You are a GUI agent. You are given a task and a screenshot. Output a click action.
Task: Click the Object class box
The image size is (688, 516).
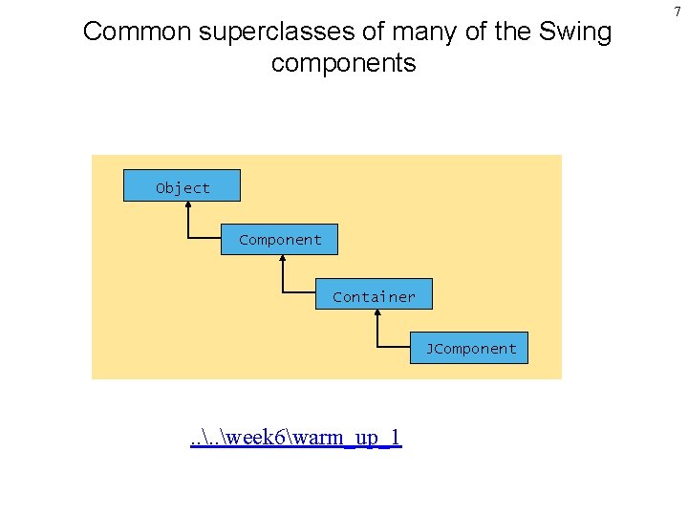tap(182, 185)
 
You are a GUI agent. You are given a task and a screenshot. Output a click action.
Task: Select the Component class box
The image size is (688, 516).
tap(279, 239)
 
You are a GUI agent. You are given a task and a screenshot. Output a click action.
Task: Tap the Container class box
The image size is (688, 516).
tap(374, 294)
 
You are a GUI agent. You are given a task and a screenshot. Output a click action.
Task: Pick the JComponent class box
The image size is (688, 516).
tap(470, 348)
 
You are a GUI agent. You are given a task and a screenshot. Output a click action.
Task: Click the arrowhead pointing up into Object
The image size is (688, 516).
tap(187, 205)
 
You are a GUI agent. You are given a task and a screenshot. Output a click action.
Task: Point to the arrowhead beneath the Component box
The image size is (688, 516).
tap(282, 259)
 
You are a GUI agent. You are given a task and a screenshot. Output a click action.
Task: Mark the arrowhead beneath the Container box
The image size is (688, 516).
tap(378, 314)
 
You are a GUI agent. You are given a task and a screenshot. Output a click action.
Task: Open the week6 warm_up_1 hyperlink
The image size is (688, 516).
tap(295, 438)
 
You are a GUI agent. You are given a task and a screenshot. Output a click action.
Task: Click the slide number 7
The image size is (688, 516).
tap(677, 11)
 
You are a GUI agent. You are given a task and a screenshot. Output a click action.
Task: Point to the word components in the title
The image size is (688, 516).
tap(344, 64)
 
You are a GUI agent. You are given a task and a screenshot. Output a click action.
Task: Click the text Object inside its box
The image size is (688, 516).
tap(183, 188)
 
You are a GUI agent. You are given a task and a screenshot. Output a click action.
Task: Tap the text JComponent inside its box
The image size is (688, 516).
tap(471, 349)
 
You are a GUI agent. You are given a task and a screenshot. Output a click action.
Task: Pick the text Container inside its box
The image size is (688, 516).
tap(374, 297)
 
